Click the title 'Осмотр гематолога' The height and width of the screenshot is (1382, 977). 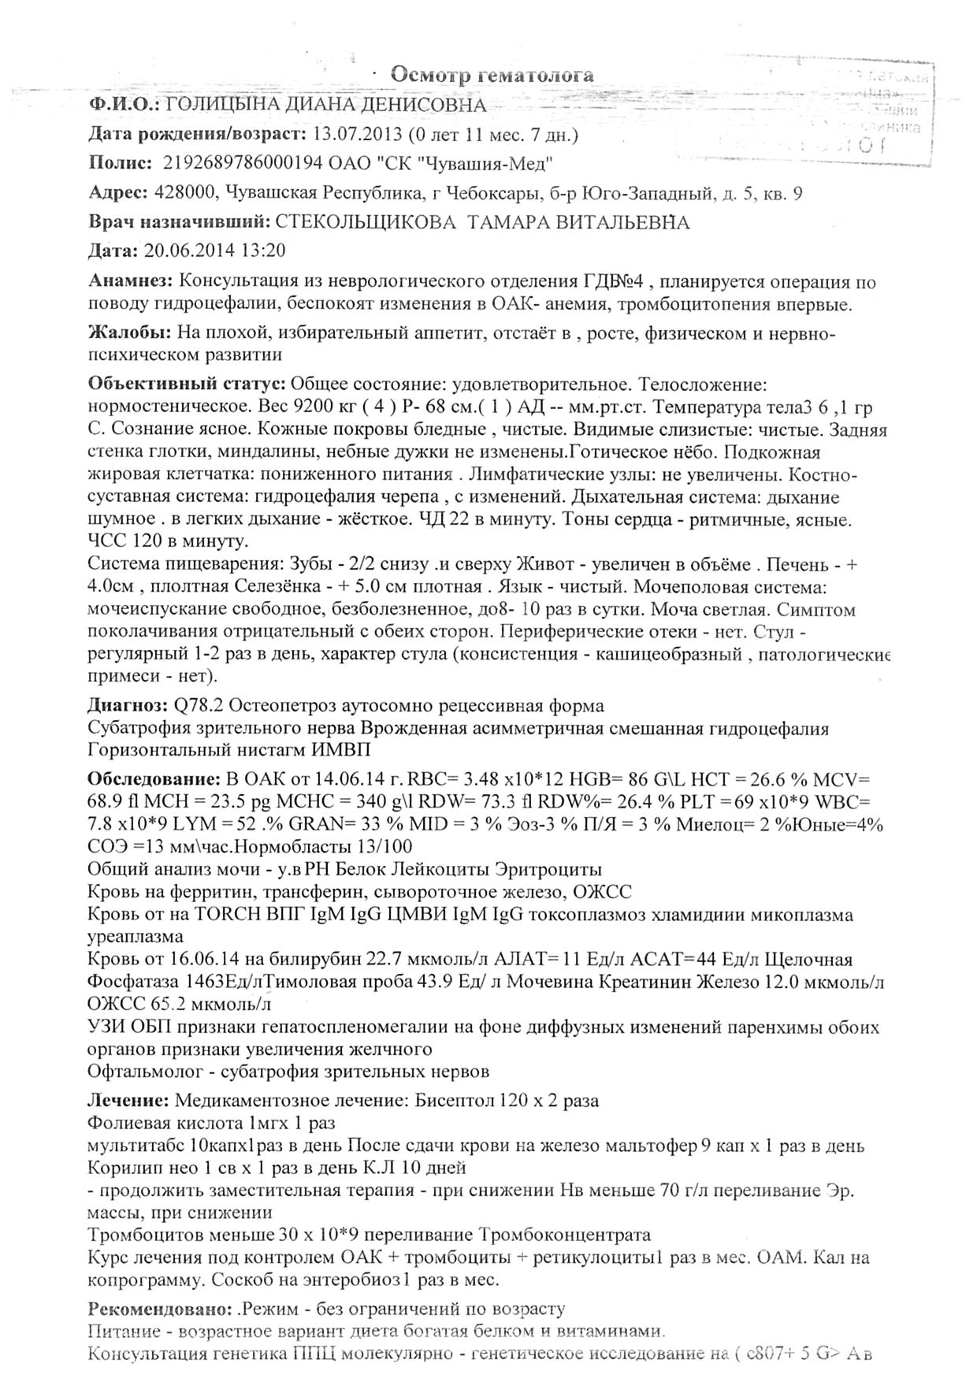[x=492, y=75]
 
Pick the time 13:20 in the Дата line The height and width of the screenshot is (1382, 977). [x=264, y=251]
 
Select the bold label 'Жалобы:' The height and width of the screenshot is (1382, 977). [x=128, y=333]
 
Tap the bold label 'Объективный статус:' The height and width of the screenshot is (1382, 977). [x=187, y=385]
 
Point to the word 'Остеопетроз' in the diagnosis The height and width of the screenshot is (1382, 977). [x=278, y=705]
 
